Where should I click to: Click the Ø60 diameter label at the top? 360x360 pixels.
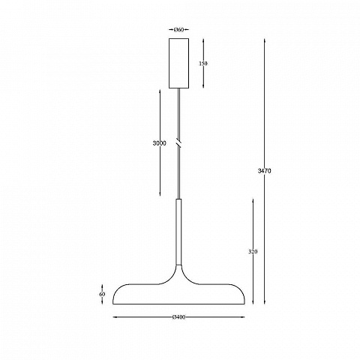[x=179, y=30]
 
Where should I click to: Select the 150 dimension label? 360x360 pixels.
[x=203, y=64]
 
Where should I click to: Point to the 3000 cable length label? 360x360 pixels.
[x=159, y=143]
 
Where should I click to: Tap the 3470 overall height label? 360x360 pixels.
[x=264, y=171]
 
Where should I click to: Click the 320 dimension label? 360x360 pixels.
[x=253, y=252]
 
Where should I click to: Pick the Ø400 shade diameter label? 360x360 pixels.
[x=179, y=317]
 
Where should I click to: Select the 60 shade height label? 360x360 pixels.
[x=102, y=294]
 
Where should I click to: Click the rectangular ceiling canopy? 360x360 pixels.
[x=178, y=63]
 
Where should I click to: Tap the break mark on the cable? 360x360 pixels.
[x=178, y=143]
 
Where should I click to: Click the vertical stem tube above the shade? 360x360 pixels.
[x=178, y=232]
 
